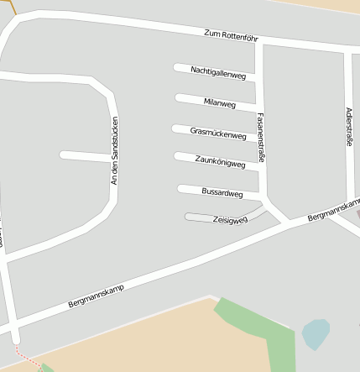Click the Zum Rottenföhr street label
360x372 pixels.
pos(230,35)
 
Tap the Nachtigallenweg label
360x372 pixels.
pos(218,72)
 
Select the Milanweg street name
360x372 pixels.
pos(220,102)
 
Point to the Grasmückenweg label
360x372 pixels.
pos(218,133)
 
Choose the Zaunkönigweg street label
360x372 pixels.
pos(220,162)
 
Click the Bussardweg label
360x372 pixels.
pos(222,192)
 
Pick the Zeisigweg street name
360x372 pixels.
pos(230,220)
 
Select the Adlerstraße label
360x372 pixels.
pos(349,126)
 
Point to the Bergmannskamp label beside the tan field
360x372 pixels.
pos(96,296)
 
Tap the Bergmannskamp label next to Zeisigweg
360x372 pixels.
pos(333,210)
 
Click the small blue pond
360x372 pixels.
pos(315,333)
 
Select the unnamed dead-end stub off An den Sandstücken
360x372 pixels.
pos(84,155)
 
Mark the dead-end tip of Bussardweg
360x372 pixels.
pos(181,188)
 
